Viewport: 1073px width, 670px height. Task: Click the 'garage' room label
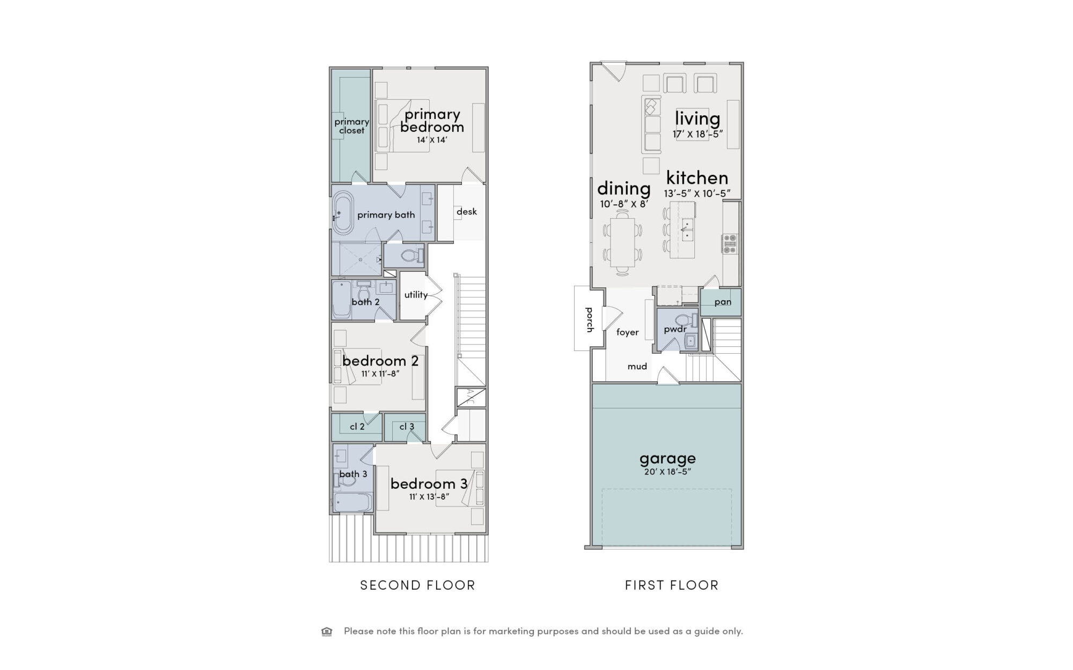click(x=667, y=459)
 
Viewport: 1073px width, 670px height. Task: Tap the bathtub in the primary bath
click(x=342, y=213)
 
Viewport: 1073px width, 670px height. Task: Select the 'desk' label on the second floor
click(x=467, y=212)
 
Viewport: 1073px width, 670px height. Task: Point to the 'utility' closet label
click(x=416, y=295)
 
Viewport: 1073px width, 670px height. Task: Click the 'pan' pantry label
click(x=723, y=302)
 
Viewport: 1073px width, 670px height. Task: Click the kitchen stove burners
click(x=730, y=244)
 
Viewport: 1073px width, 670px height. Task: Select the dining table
click(x=622, y=242)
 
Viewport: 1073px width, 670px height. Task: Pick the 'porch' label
click(x=590, y=319)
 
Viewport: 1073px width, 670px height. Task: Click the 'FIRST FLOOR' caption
click(x=672, y=585)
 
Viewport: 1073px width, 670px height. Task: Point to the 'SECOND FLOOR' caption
click(x=417, y=585)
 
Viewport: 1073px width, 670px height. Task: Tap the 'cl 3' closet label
click(x=407, y=427)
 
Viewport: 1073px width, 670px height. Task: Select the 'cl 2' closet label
click(x=357, y=427)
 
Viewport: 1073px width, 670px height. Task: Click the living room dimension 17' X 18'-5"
click(x=698, y=134)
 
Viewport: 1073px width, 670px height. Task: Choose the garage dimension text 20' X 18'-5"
click(x=667, y=472)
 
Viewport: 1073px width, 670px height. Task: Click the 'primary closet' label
click(x=352, y=126)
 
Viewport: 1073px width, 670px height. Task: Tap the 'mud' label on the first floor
click(x=637, y=367)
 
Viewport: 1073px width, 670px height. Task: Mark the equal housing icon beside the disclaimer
click(x=327, y=631)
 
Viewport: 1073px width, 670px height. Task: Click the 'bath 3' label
click(x=353, y=474)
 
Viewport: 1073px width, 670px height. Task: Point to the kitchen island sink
click(x=687, y=229)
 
